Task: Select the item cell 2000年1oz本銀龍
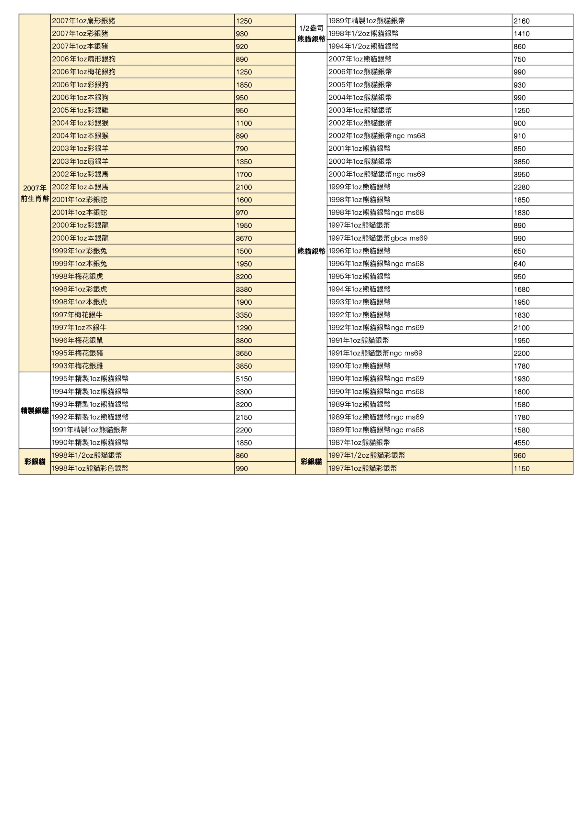[x=80, y=238]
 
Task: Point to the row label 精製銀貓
[x=35, y=410]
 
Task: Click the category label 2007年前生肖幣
[x=35, y=193]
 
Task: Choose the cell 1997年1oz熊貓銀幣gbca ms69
[x=378, y=238]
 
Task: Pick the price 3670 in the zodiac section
[x=244, y=238]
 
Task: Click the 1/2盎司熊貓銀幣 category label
[x=311, y=34]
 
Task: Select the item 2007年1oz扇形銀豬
[x=83, y=21]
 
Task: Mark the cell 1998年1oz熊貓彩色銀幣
[x=90, y=468]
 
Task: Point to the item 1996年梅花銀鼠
[x=77, y=341]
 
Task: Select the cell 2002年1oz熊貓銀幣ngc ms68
[x=377, y=136]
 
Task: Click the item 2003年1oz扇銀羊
[x=80, y=162]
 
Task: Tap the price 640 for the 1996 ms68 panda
[x=520, y=264]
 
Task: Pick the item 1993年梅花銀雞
[x=77, y=366]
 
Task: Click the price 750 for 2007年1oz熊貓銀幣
[x=520, y=60]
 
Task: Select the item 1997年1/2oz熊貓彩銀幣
[x=367, y=455]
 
